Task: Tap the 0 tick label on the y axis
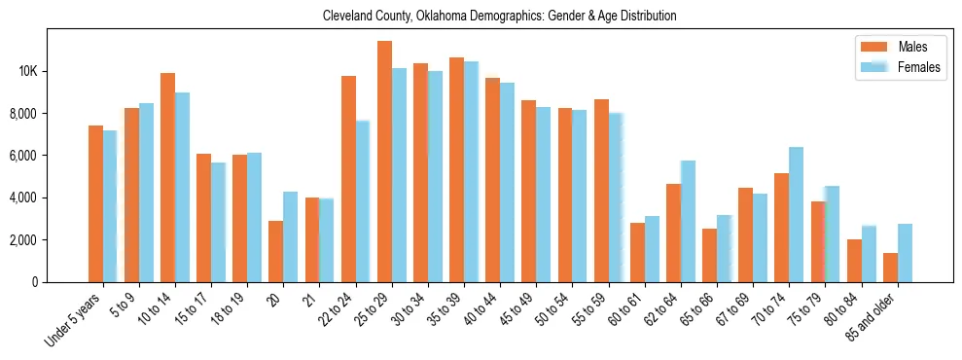coord(59,282)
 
